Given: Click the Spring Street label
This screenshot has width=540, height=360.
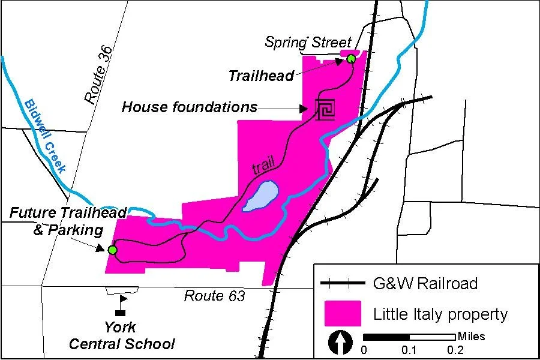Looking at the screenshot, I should tap(308, 42).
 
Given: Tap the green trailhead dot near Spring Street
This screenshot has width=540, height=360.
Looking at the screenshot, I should tap(351, 59).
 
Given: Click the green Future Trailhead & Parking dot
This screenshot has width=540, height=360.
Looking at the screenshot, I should tap(112, 250).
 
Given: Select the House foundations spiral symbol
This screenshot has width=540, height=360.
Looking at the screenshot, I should tap(326, 109).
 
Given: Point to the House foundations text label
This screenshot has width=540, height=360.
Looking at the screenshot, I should tap(189, 107).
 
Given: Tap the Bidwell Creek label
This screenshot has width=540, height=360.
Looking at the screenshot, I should tap(45, 136).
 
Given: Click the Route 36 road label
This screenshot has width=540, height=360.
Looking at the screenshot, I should tap(99, 76).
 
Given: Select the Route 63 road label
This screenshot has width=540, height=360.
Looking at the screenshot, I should tap(214, 296).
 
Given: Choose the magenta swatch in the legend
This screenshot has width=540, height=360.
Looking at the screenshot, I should tap(343, 314).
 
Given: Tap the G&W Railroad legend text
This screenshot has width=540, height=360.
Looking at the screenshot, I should tap(425, 283).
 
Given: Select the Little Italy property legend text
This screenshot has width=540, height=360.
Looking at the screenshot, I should tap(440, 314).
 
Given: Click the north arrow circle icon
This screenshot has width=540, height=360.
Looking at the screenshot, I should tap(341, 343).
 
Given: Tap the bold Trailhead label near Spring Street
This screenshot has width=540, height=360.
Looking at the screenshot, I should tap(261, 76).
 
